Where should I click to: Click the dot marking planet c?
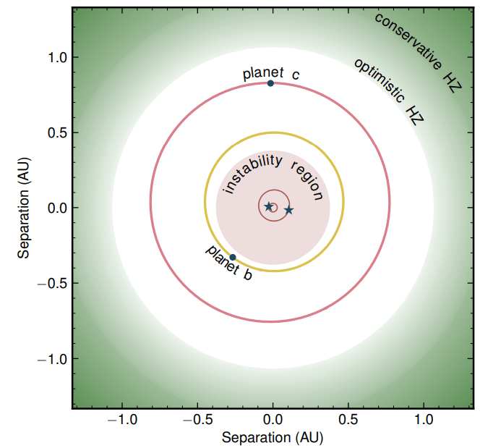(270, 83)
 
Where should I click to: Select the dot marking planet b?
(232, 257)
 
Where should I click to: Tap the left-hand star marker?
(269, 206)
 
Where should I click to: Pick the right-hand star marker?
(288, 210)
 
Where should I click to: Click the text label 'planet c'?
(270, 73)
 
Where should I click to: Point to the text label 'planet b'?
(229, 263)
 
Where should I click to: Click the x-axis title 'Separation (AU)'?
(273, 438)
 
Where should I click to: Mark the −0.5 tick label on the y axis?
(52, 283)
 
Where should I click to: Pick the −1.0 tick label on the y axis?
(52, 359)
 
